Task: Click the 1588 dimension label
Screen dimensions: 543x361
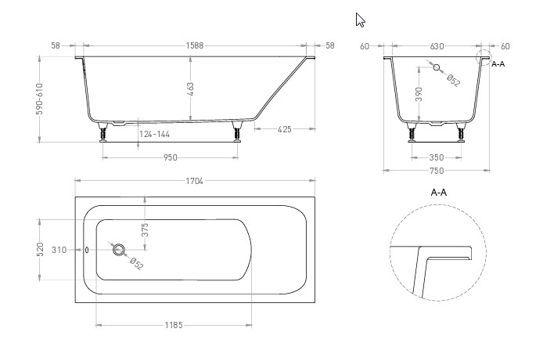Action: pyautogui.click(x=195, y=45)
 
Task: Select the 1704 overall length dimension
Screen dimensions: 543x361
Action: pyautogui.click(x=194, y=181)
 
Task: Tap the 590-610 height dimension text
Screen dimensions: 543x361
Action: pyautogui.click(x=39, y=99)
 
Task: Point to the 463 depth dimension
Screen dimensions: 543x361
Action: pyautogui.click(x=190, y=88)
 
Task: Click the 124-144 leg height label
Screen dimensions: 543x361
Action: pyautogui.click(x=154, y=134)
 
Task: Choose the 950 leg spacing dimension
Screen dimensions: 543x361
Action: pyautogui.click(x=170, y=157)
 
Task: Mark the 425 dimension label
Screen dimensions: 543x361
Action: pyautogui.click(x=284, y=129)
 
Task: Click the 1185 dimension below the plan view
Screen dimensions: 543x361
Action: pyautogui.click(x=174, y=325)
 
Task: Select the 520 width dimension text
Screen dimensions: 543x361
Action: pyautogui.click(x=40, y=250)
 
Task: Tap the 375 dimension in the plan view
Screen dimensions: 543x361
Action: pyautogui.click(x=145, y=229)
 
